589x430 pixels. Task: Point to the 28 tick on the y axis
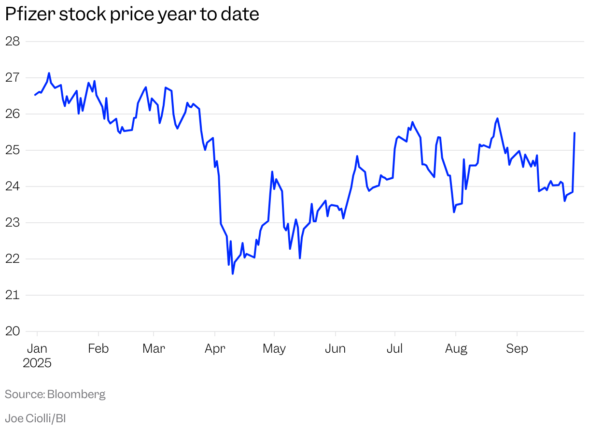click(x=13, y=41)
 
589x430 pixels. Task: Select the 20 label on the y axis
click(x=13, y=331)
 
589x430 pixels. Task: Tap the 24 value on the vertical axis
click(x=13, y=186)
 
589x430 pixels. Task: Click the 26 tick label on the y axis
click(x=13, y=114)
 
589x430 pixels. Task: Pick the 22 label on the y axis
click(x=13, y=258)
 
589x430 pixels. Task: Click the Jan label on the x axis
click(x=37, y=348)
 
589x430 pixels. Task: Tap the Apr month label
click(x=215, y=348)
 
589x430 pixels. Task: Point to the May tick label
click(x=274, y=348)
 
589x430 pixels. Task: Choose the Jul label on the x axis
click(x=395, y=348)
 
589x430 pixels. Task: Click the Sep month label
click(x=517, y=348)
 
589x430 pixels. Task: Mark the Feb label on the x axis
click(x=98, y=348)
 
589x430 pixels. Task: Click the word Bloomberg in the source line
click(x=76, y=394)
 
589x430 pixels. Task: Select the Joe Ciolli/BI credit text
click(x=35, y=418)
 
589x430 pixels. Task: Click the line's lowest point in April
click(x=233, y=274)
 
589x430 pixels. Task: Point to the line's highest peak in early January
click(x=49, y=73)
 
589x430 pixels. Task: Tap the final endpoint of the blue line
click(x=575, y=133)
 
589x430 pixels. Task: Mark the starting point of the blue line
click(x=35, y=95)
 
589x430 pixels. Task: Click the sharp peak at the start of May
click(x=272, y=172)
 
